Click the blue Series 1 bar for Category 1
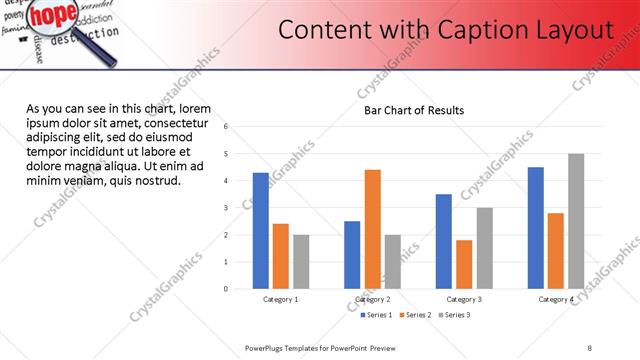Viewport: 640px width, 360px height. coord(261,231)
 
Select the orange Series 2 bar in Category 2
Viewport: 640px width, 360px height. coord(372,229)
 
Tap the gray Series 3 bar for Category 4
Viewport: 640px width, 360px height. coord(576,221)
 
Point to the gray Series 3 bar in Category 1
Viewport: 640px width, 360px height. coord(301,262)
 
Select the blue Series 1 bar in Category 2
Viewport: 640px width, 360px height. coord(352,255)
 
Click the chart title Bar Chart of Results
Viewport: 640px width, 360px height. coord(413,110)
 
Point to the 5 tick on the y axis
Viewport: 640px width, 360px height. coord(226,154)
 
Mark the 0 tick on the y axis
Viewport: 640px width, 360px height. coord(226,289)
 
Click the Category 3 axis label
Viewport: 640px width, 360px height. coord(464,299)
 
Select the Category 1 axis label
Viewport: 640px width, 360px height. coord(281,299)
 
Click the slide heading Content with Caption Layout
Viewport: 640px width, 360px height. coord(445,30)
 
